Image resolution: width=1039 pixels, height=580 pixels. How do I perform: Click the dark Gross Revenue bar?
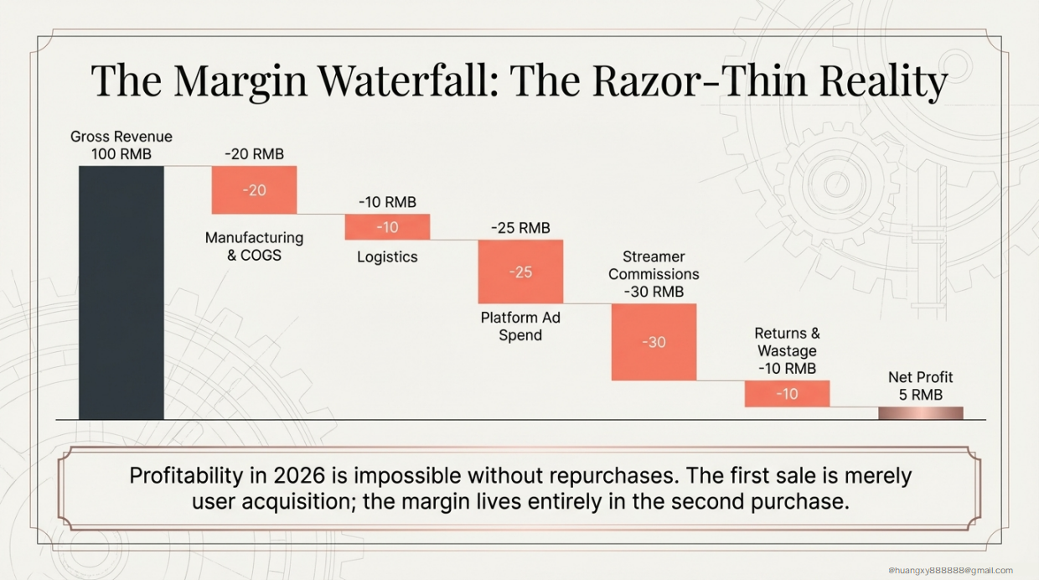click(121, 292)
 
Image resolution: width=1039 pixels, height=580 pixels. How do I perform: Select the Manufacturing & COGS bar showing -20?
click(254, 190)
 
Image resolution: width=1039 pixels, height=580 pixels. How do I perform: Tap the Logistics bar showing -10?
click(387, 227)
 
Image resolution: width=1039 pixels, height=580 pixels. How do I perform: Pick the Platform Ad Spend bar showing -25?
click(520, 272)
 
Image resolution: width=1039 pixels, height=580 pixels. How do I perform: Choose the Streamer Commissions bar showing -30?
click(654, 342)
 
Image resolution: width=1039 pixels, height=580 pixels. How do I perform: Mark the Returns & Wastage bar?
click(787, 393)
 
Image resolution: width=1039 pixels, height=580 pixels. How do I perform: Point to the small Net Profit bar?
click(920, 412)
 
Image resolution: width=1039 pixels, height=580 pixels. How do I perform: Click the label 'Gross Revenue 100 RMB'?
click(121, 146)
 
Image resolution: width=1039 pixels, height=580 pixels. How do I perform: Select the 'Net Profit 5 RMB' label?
click(920, 386)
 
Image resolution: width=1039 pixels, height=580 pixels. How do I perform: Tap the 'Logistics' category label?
click(387, 257)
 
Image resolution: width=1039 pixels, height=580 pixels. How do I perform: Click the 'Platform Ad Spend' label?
click(520, 327)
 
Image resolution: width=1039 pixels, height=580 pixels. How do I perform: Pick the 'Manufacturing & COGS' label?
click(254, 246)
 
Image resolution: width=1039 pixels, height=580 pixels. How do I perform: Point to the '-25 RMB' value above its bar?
click(520, 228)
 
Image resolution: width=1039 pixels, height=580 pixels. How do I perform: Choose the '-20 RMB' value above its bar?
click(254, 154)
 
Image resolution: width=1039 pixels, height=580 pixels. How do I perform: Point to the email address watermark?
click(950, 570)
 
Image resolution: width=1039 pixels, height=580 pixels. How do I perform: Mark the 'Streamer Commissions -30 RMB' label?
click(654, 274)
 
